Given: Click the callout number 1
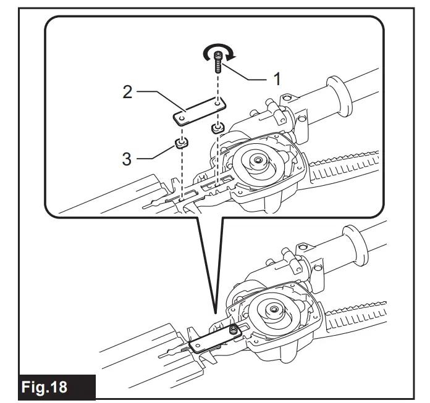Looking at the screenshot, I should tap(277, 79).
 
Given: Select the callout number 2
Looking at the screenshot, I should tap(127, 93).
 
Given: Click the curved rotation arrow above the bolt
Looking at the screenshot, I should tap(219, 56).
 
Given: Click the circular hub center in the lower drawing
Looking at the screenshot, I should tap(273, 308).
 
